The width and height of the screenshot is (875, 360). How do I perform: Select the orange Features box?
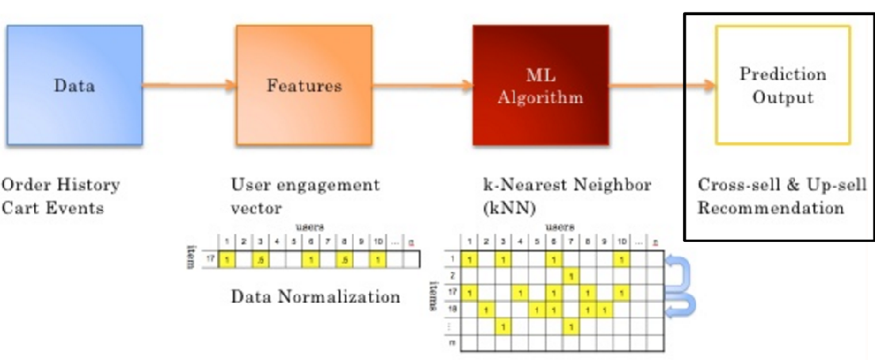click(304, 84)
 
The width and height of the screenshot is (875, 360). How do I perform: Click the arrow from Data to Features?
click(189, 84)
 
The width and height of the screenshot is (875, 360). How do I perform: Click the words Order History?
click(60, 186)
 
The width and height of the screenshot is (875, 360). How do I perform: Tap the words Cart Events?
click(52, 209)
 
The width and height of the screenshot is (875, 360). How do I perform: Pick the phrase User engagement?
click(305, 186)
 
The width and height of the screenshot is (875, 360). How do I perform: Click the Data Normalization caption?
click(315, 297)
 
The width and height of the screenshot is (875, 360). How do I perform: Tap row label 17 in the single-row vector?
click(208, 259)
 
